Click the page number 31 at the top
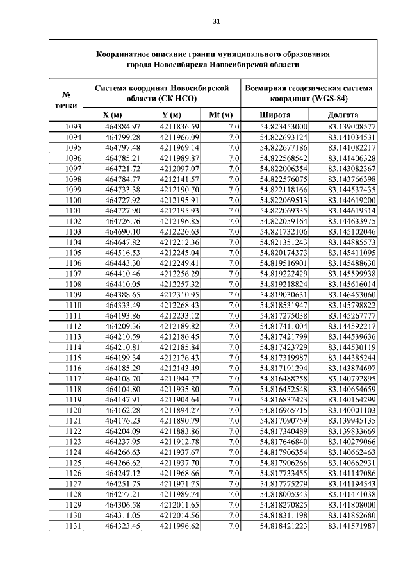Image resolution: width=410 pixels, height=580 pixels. click(216, 21)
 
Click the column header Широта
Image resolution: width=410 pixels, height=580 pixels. click(275, 115)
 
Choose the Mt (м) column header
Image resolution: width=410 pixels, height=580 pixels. click(222, 115)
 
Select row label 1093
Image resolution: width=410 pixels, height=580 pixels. click(74, 126)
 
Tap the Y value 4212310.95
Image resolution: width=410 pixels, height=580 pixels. click(180, 294)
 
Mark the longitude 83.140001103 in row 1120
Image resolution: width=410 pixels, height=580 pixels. click(352, 410)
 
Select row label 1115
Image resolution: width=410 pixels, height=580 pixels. click(74, 357)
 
